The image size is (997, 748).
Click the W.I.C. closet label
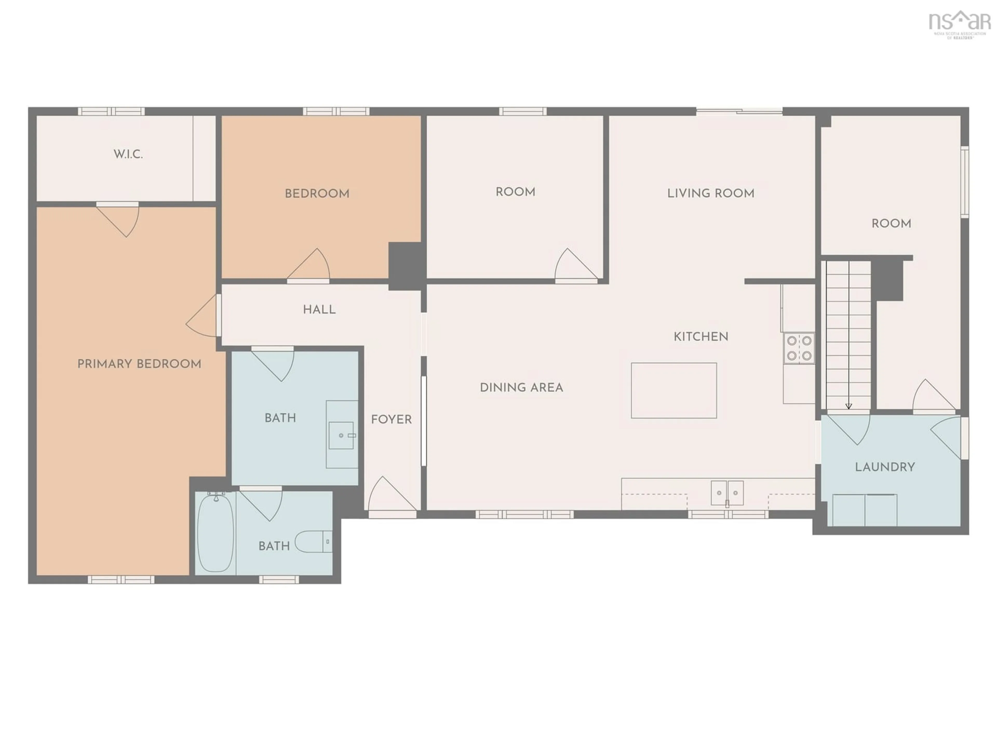[128, 154]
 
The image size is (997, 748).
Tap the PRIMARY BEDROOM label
[139, 364]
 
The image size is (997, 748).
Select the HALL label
[319, 310]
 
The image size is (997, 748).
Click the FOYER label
[391, 420]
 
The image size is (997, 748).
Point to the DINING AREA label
[522, 388]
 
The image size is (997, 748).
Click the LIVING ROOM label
[711, 193]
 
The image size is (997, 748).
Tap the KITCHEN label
[701, 337]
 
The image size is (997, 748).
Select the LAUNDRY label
[885, 467]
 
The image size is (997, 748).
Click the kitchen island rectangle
[674, 390]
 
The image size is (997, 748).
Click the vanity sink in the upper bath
[341, 436]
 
